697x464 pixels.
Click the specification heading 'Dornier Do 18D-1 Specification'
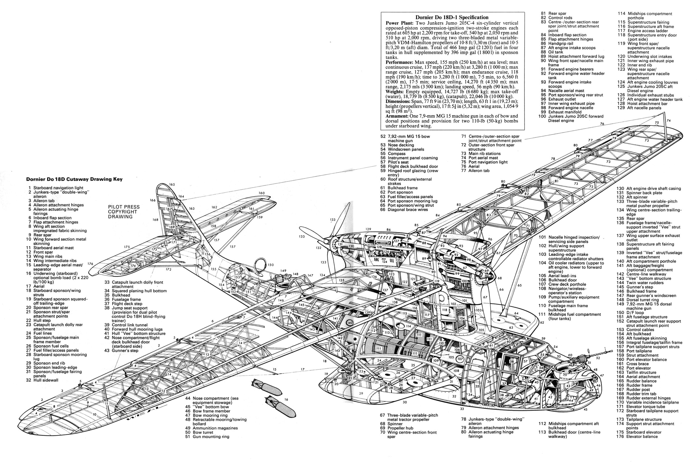point(452,17)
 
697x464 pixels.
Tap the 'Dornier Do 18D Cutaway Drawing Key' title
point(74,179)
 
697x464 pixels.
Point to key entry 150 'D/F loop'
point(635,312)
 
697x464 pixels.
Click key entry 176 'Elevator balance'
point(637,436)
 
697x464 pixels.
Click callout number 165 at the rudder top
point(172,184)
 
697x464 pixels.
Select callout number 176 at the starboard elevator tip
point(90,264)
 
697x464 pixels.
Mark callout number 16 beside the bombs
point(286,399)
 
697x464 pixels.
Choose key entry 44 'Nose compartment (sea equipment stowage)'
point(212,400)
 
